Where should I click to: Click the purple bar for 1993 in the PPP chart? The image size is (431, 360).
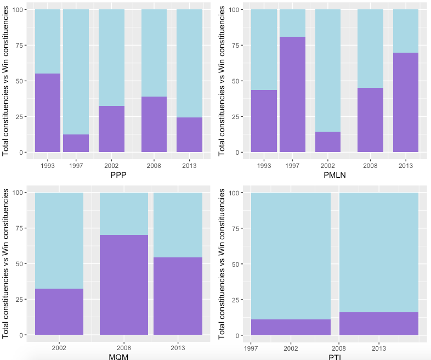(x=48, y=113)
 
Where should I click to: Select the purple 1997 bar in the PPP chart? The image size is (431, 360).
(x=76, y=143)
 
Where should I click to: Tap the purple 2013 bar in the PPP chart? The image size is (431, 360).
(x=189, y=134)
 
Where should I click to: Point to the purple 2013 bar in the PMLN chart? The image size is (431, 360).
(x=406, y=102)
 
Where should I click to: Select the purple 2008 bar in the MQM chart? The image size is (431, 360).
(x=124, y=285)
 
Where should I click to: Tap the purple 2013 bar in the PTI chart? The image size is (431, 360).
(x=379, y=324)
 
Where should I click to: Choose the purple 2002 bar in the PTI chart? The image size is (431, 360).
(x=291, y=327)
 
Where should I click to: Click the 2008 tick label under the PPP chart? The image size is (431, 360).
(x=154, y=165)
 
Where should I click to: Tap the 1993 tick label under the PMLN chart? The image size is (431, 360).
(x=264, y=165)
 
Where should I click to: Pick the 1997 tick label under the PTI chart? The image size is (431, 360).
(x=251, y=347)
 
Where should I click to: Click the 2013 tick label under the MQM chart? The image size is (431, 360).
(x=178, y=347)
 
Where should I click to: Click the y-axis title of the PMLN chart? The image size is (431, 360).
(x=222, y=81)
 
